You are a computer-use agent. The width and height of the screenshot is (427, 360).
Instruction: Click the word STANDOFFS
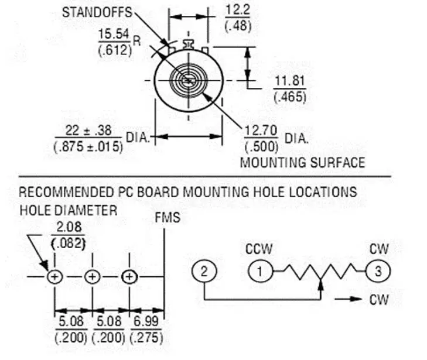point(97,12)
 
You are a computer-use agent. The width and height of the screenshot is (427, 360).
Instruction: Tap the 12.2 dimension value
point(238,10)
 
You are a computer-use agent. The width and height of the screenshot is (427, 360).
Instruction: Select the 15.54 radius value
point(114,35)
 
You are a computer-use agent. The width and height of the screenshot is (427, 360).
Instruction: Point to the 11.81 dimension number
point(289,81)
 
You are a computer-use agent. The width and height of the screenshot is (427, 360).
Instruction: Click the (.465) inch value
point(290,97)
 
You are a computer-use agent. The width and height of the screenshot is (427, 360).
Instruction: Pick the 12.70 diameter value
point(261,131)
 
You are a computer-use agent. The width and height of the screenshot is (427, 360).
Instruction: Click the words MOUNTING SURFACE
point(302,163)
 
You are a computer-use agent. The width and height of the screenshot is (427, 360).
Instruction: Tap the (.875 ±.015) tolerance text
point(88,147)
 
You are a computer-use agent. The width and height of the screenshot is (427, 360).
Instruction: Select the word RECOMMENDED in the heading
point(66,192)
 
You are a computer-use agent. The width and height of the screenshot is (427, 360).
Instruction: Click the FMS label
point(168,218)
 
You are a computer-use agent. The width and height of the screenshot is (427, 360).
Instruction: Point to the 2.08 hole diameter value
point(69,227)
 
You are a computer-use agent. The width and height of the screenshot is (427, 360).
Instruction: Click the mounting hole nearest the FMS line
point(129,277)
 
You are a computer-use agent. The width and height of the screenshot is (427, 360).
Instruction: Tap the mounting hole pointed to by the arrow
point(55,277)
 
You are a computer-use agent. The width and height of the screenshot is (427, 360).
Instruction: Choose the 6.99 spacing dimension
point(146,321)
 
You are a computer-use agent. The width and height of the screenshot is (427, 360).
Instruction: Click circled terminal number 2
point(204,271)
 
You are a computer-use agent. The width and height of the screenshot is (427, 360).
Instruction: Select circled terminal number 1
point(260,271)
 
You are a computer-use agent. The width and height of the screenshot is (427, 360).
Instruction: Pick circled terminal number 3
point(378,271)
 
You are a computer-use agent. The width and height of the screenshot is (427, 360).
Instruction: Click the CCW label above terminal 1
point(259,249)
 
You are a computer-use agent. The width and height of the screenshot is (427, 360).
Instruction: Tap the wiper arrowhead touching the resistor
point(321,284)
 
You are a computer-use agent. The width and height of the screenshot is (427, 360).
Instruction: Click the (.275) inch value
point(146,338)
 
